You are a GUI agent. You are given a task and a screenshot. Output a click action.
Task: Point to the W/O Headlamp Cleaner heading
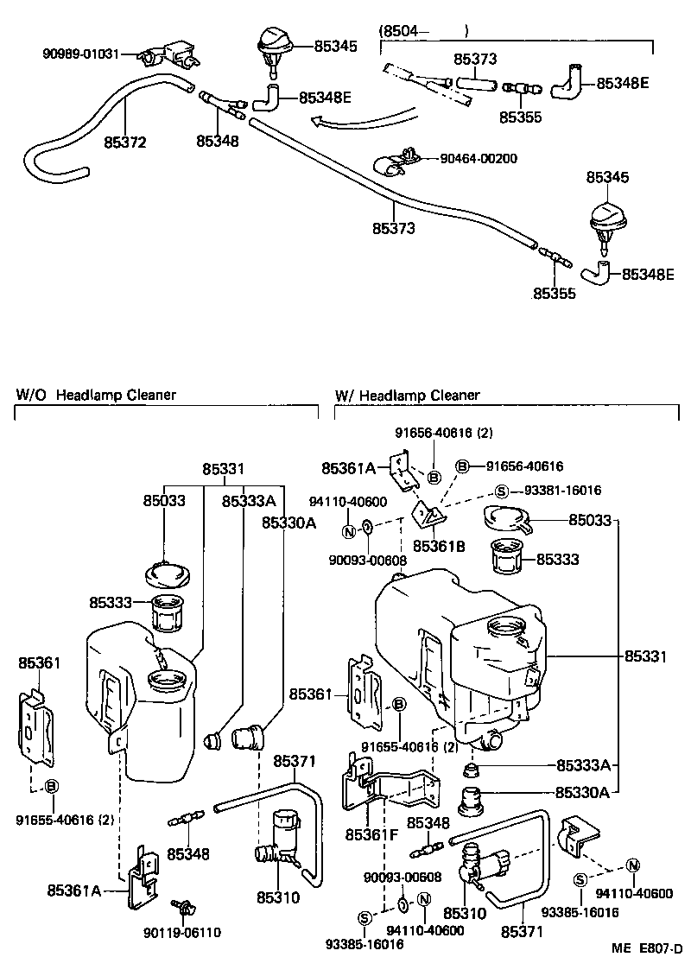click(96, 395)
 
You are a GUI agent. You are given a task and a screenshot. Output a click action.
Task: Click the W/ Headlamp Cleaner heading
click(407, 395)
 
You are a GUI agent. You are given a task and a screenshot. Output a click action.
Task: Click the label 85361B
click(439, 546)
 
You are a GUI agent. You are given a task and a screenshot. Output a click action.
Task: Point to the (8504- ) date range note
click(423, 31)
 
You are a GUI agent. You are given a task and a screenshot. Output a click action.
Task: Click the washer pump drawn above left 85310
click(278, 838)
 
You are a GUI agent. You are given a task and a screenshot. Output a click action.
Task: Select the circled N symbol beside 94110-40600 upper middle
click(348, 529)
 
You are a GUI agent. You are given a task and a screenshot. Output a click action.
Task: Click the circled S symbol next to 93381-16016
click(501, 491)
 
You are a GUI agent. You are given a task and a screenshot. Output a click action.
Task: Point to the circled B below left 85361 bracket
click(51, 786)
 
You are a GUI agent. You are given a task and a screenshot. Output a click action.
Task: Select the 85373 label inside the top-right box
click(475, 60)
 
